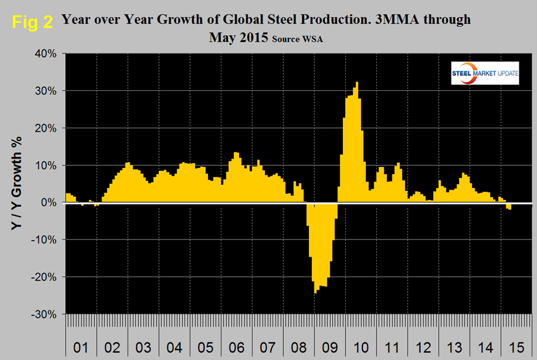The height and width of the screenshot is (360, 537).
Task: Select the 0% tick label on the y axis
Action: click(51, 203)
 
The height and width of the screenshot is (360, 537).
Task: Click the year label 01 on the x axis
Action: click(81, 348)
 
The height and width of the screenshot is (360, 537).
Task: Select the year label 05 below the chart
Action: click(206, 348)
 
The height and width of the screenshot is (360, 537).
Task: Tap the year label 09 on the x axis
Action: click(330, 348)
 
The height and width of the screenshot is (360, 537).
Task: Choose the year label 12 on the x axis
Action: click(423, 348)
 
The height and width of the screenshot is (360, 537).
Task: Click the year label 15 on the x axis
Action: click(516, 348)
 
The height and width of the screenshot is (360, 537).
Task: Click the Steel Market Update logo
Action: click(485, 73)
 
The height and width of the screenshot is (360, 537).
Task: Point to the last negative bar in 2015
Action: click(510, 206)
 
